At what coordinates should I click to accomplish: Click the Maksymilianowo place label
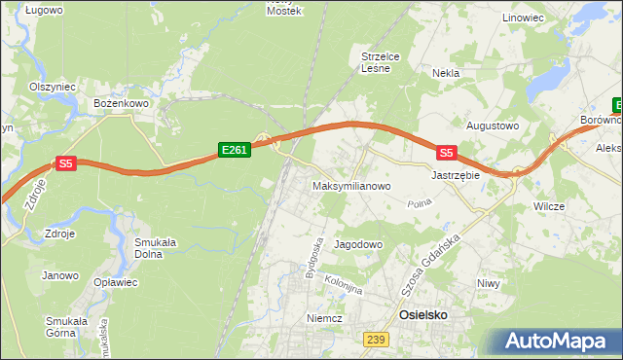[351, 185]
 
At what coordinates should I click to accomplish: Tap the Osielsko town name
[425, 316]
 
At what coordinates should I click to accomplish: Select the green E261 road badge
[235, 150]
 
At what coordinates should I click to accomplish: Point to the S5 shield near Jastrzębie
[446, 153]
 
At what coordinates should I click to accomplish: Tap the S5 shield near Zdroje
[65, 164]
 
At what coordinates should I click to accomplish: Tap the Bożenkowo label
[120, 102]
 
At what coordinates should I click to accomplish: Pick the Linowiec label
[523, 18]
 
